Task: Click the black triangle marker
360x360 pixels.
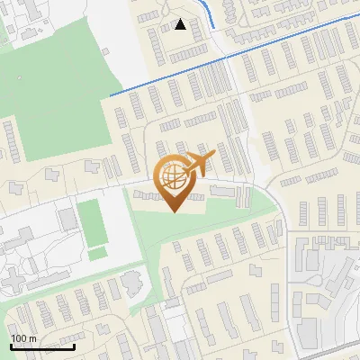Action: click(181, 24)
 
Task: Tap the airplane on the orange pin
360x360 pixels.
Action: click(197, 165)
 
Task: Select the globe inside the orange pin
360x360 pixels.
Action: click(172, 176)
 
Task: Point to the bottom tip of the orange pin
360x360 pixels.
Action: click(173, 211)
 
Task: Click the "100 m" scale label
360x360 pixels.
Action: click(23, 338)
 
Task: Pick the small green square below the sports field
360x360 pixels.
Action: click(96, 254)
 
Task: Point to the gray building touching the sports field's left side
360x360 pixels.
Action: click(68, 219)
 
